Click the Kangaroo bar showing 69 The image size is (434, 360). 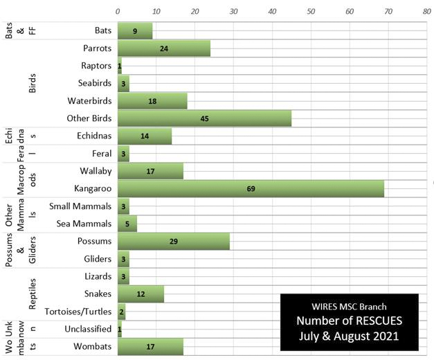point(251,188)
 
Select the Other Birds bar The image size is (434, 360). point(204,118)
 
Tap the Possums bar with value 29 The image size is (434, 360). point(173,241)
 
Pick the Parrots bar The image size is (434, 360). point(163,48)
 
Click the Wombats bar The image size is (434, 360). point(150,346)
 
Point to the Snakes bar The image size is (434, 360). point(141,294)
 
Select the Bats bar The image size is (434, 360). point(135,30)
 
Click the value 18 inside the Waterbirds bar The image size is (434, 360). point(152,101)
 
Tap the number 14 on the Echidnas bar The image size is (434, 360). point(145,136)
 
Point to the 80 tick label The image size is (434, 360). point(426,12)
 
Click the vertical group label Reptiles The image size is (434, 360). point(33,294)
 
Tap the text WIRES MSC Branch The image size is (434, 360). point(350,305)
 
